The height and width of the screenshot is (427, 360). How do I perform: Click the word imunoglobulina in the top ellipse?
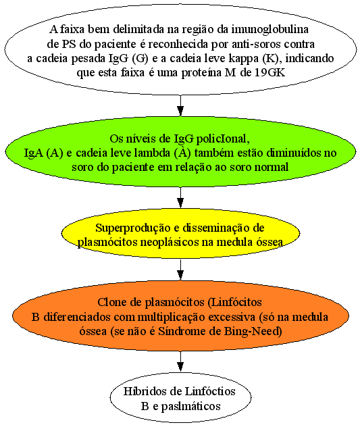pyautogui.click(x=269, y=29)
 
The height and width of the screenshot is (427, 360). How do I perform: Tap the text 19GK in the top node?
pyautogui.click(x=270, y=73)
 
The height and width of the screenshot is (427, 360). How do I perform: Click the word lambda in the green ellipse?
pyautogui.click(x=153, y=153)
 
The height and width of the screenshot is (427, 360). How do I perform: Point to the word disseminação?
pyautogui.click(x=216, y=228)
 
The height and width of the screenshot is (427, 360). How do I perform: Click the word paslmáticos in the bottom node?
pyautogui.click(x=190, y=406)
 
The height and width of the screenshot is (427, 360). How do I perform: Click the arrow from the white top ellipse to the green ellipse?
pyautogui.click(x=180, y=105)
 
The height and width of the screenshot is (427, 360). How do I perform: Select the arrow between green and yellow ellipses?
pyautogui.click(x=180, y=198)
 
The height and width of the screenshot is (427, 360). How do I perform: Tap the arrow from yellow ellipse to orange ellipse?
pyautogui.click(x=180, y=270)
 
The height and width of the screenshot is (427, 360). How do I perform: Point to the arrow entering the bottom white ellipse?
pyautogui.click(x=180, y=361)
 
